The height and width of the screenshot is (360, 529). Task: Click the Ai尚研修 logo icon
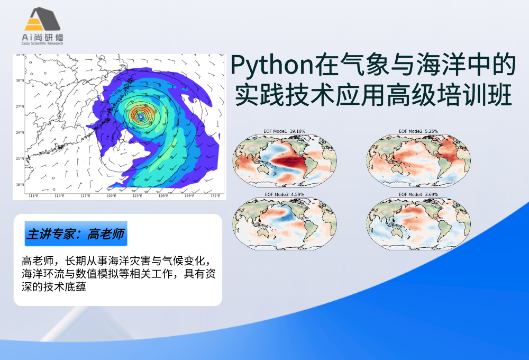coord(44,20)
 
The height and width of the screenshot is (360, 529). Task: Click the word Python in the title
coord(268,66)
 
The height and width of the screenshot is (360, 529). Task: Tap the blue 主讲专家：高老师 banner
coord(76,233)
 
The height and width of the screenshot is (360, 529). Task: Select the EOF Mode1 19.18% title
coord(285,131)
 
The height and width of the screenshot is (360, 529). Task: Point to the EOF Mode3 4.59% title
coord(285,195)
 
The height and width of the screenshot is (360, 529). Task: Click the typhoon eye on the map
coord(140,114)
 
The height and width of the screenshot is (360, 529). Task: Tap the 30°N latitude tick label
coord(20,81)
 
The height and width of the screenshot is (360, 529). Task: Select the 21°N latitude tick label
coord(20,159)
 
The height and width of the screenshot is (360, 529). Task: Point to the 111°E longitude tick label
coord(33,196)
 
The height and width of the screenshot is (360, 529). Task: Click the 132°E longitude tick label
coord(215,196)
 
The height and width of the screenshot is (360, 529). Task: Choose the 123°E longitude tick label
coord(137,196)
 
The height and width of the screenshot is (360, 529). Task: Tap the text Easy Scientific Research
coord(44,43)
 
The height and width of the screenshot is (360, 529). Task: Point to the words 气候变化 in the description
coord(182,261)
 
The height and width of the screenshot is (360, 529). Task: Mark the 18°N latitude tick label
coord(20,185)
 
